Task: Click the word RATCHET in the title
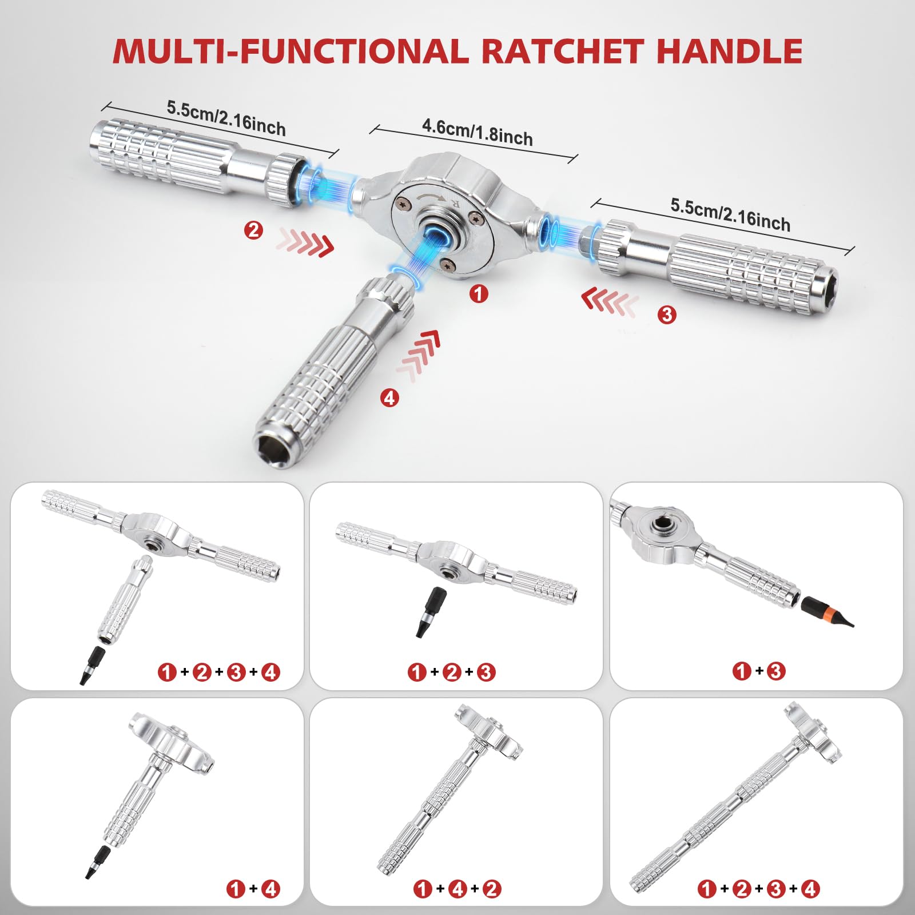coord(563,51)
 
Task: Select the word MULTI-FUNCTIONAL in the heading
coord(291,51)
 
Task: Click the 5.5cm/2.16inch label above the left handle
coord(226,118)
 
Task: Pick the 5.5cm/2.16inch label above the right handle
coord(730,215)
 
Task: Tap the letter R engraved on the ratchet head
coord(455,204)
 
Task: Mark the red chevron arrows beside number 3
coord(609,301)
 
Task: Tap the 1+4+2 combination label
coord(457,889)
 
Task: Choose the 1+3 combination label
coord(759,671)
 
